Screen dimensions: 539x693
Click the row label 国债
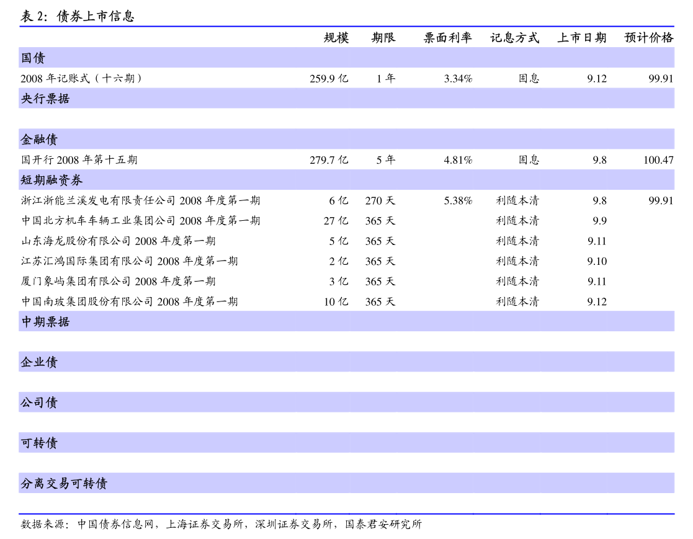pyautogui.click(x=33, y=58)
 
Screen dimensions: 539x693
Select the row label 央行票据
pyautogui.click(x=45, y=99)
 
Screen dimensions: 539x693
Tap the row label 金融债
pyautogui.click(x=39, y=140)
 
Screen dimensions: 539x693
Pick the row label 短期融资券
pyautogui.click(x=51, y=180)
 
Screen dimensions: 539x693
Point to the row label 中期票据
pyautogui.click(x=45, y=322)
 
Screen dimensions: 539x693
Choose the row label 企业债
pyautogui.click(x=39, y=362)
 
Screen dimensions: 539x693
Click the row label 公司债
pyautogui.click(x=39, y=403)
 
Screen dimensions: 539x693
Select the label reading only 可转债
pyautogui.click(x=39, y=443)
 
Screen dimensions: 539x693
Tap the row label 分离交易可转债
pyautogui.click(x=64, y=483)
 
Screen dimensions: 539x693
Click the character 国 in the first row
pyautogui.click(x=27, y=58)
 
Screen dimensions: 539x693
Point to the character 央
pyautogui.click(x=27, y=99)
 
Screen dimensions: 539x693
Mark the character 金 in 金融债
pyautogui.click(x=27, y=140)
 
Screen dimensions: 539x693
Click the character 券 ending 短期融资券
pyautogui.click(x=76, y=180)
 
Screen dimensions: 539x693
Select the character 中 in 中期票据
pyautogui.click(x=27, y=322)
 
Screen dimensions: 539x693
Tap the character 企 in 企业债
pyautogui.click(x=27, y=362)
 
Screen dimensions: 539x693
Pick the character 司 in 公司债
pyautogui.click(x=39, y=403)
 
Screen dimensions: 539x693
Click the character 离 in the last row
pyautogui.click(x=39, y=483)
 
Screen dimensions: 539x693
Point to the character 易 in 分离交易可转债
pyautogui.click(x=64, y=483)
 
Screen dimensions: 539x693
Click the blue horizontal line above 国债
pyautogui.click(x=346, y=26)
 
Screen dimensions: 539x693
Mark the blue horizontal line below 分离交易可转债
pyautogui.click(x=346, y=514)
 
